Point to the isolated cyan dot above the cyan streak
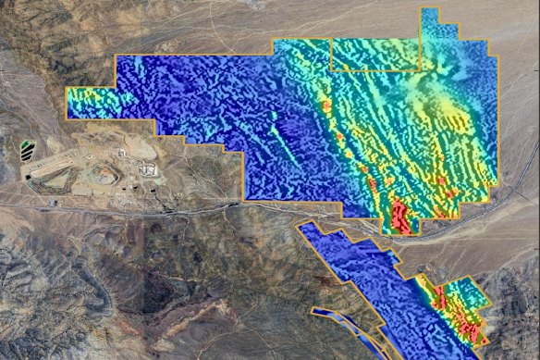[274, 116]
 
